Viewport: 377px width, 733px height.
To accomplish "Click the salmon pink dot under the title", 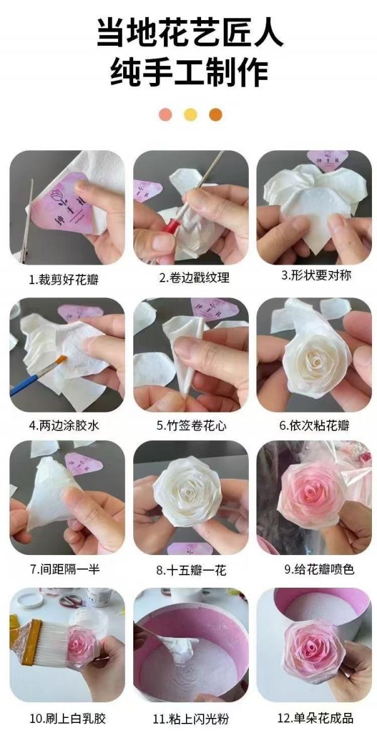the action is (x=165, y=114).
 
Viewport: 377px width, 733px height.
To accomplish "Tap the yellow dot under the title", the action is (x=190, y=114).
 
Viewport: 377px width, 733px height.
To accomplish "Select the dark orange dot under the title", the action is (x=216, y=114).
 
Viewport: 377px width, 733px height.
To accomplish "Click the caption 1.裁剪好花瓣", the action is (x=65, y=280).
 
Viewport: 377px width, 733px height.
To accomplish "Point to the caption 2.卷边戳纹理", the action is (x=194, y=277).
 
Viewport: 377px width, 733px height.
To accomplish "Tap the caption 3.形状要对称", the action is (x=316, y=275).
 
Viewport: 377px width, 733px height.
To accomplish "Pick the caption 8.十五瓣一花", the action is (x=191, y=570).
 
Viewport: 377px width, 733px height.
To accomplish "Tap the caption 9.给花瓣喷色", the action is (x=319, y=570).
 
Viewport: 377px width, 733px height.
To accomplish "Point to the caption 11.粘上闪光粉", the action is (x=190, y=718).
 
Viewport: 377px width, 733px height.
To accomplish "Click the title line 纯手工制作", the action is (x=188, y=72).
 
